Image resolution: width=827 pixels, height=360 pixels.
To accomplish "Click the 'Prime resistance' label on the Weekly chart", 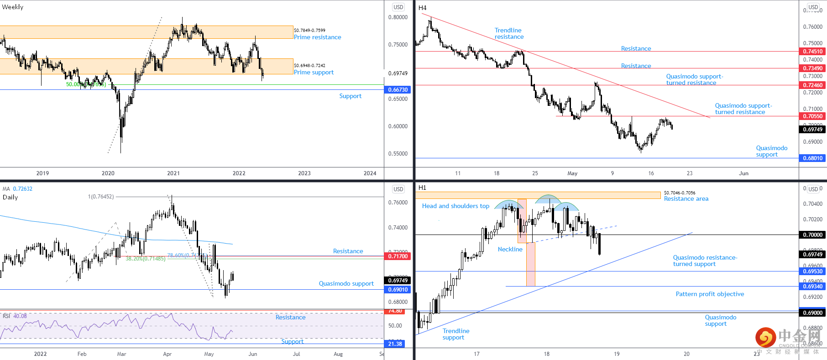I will [317, 37].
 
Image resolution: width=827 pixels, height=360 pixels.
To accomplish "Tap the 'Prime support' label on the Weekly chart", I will [314, 73].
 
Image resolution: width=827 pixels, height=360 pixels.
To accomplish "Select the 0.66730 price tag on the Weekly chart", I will [398, 90].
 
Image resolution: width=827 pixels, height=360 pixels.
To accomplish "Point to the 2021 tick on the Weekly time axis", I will [173, 173].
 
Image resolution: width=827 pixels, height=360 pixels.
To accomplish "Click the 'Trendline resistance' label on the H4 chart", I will [509, 34].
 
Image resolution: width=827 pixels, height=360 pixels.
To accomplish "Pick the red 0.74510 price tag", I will [812, 52].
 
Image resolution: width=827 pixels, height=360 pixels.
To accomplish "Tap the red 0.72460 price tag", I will [812, 85].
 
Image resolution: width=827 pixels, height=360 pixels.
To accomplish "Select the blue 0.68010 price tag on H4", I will [812, 158].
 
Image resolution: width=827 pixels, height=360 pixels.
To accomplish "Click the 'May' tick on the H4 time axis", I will [572, 173].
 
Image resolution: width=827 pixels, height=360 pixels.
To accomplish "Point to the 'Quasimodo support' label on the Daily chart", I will [346, 284].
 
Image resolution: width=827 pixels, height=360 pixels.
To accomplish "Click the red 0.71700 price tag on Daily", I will [398, 256].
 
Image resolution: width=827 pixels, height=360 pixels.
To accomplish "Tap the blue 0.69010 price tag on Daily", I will [398, 290].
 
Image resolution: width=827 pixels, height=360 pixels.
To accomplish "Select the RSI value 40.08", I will [20, 316].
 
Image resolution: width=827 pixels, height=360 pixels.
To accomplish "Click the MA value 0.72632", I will [22, 189].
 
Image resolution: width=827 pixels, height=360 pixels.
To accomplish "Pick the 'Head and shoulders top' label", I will [455, 206].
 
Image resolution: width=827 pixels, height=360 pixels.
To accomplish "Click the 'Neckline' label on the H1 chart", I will [510, 250].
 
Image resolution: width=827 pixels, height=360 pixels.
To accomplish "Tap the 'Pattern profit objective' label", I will [710, 294].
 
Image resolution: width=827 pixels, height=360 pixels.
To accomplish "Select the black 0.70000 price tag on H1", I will [812, 235].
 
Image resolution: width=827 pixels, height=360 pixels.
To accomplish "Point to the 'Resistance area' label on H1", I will [686, 199].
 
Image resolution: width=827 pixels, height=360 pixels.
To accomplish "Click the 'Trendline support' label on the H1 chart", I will [455, 334].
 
